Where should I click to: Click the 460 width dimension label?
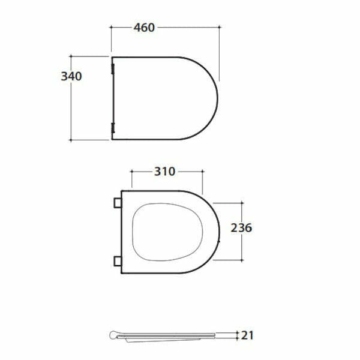click(x=144, y=28)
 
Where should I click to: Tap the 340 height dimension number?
click(x=71, y=76)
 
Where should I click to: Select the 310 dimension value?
click(x=164, y=172)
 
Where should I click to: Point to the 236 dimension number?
click(x=241, y=227)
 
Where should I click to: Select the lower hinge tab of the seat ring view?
click(x=116, y=260)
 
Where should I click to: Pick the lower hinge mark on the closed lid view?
click(x=113, y=127)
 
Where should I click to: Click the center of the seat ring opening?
click(x=170, y=232)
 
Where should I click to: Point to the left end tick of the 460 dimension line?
click(x=112, y=28)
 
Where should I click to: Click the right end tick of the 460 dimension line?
click(x=219, y=28)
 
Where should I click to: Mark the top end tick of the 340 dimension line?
click(x=72, y=56)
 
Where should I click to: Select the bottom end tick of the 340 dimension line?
click(x=72, y=140)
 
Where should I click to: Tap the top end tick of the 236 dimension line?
click(x=241, y=203)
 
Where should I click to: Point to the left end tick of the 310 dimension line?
click(x=131, y=172)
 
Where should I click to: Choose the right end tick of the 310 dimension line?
click(x=203, y=172)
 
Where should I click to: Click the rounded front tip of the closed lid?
click(x=217, y=98)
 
